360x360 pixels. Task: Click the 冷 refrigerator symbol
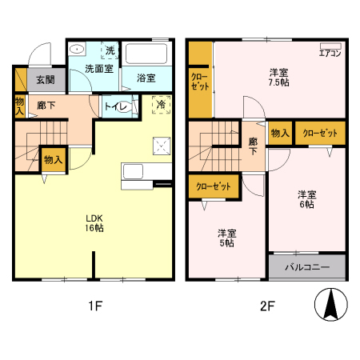click(x=161, y=104)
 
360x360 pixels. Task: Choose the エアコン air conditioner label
click(x=330, y=54)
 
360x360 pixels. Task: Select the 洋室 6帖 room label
click(x=306, y=199)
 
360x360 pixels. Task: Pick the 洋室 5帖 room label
click(x=227, y=238)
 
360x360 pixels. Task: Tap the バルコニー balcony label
click(x=306, y=266)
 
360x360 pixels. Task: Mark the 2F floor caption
click(x=266, y=306)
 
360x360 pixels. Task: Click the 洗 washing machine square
click(x=110, y=51)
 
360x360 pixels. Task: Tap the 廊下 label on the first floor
click(x=46, y=104)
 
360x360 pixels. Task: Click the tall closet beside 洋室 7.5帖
click(x=199, y=80)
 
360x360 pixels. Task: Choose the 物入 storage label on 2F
click(x=279, y=133)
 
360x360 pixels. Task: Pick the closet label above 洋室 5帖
click(x=214, y=186)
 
